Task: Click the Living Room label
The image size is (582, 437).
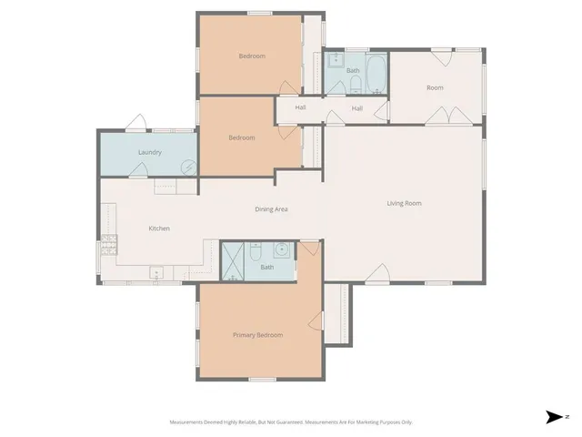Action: (x=405, y=203)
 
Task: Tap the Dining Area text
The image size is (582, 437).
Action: (x=271, y=209)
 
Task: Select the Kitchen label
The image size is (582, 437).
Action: (x=159, y=229)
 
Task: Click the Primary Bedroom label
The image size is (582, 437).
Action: (x=257, y=335)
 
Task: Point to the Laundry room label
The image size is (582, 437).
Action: (x=150, y=152)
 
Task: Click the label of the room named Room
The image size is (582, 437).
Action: (x=435, y=87)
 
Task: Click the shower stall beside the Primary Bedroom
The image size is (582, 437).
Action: (x=234, y=261)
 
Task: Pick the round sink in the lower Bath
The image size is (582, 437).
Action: (x=282, y=249)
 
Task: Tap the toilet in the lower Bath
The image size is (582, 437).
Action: (x=257, y=249)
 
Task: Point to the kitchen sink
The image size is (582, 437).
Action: (x=156, y=270)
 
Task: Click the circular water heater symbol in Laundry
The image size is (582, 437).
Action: (x=188, y=168)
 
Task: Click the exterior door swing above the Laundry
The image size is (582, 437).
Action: (x=137, y=122)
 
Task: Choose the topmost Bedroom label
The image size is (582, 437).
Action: (x=252, y=56)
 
